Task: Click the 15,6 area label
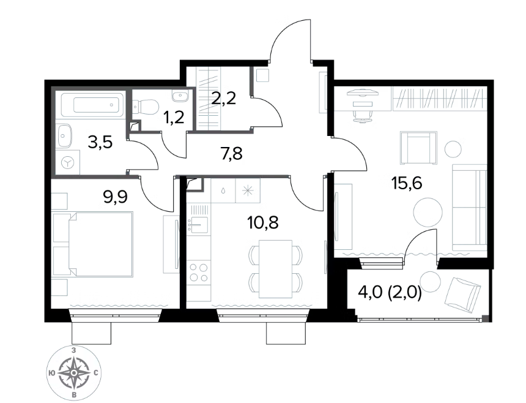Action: (x=406, y=183)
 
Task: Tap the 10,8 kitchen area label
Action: (x=262, y=222)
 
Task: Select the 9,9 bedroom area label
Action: (x=116, y=197)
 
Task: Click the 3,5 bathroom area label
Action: (x=100, y=143)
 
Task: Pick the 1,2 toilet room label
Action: (x=174, y=118)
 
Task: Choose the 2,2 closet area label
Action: (x=224, y=99)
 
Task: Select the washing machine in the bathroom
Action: (x=68, y=162)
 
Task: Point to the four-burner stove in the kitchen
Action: (x=199, y=272)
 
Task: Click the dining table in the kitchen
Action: (x=275, y=269)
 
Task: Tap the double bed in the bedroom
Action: (x=101, y=244)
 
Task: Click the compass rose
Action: (x=74, y=373)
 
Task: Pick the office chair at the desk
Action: (x=363, y=113)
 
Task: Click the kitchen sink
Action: (x=199, y=224)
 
